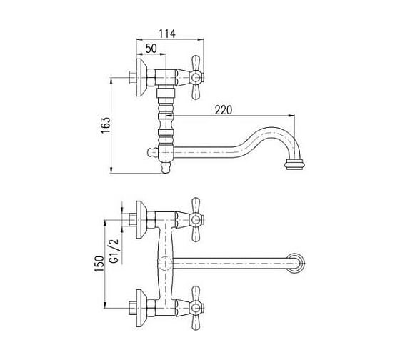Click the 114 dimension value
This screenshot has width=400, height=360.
(x=167, y=34)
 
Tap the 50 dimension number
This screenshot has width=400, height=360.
(x=151, y=49)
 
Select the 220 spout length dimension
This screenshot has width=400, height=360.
(x=224, y=110)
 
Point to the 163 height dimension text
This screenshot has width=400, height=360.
(x=106, y=125)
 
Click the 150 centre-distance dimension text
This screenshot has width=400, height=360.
(x=100, y=264)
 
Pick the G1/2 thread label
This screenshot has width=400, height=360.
(x=114, y=251)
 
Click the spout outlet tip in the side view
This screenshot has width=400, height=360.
(x=294, y=164)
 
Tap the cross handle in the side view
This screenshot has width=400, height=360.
(x=196, y=77)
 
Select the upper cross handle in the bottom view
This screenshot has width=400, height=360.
(x=196, y=220)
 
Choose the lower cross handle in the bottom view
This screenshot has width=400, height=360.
(x=196, y=308)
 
